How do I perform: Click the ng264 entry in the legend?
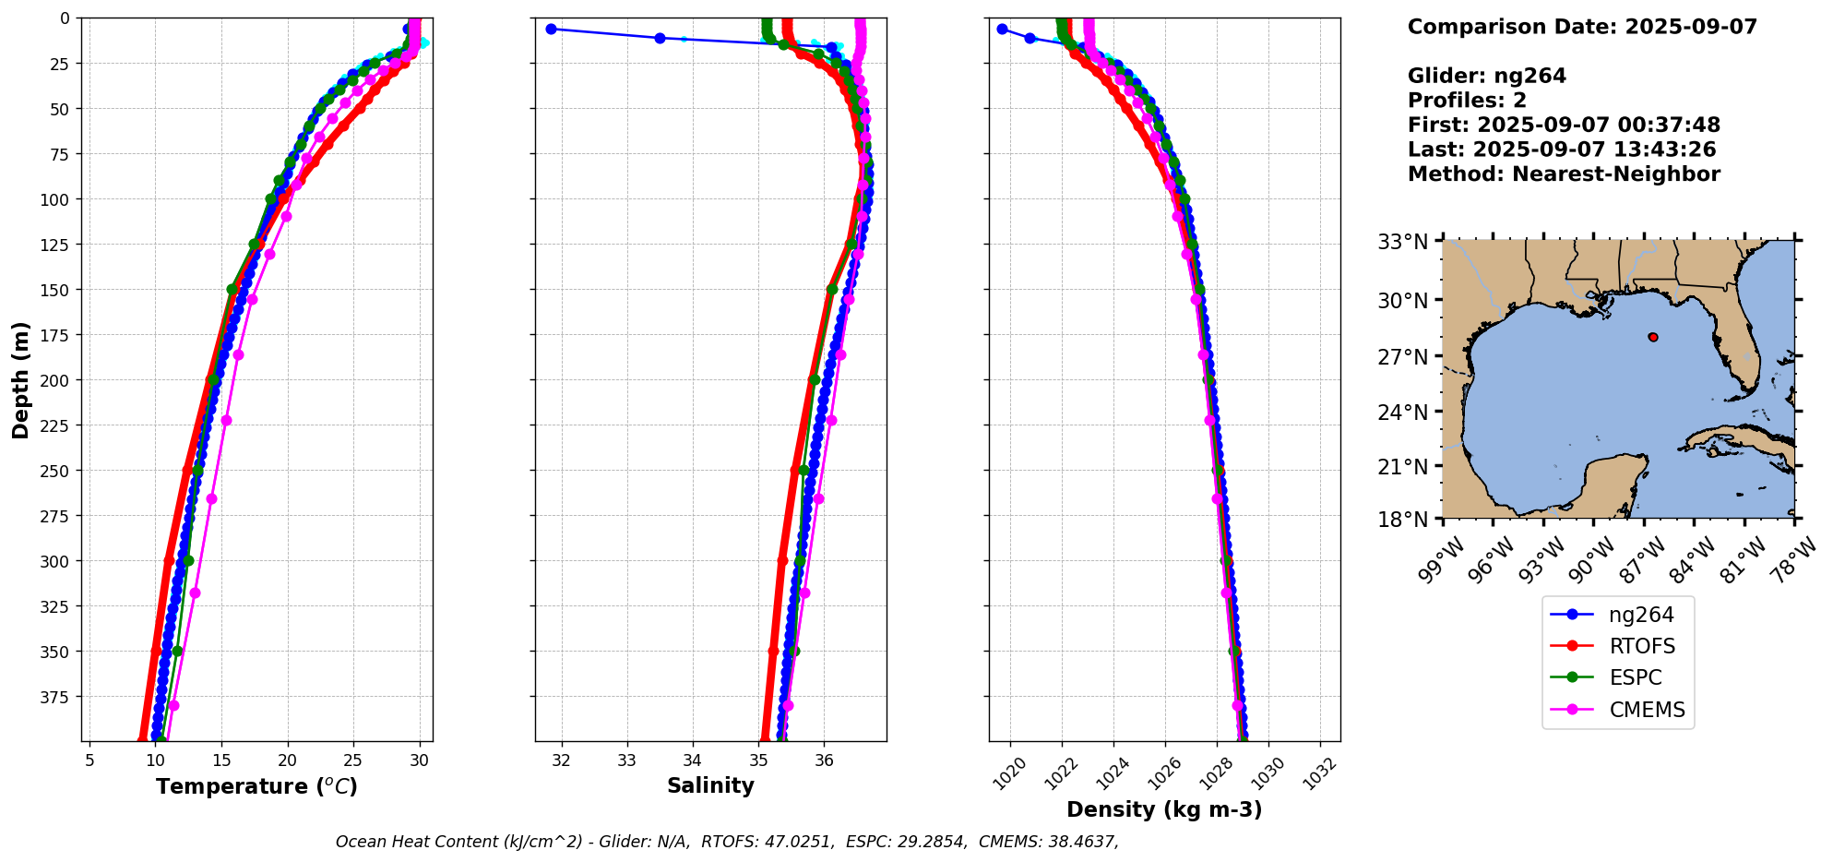pos(1640,615)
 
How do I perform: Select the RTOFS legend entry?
pos(1641,646)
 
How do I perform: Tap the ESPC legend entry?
pos(1635,677)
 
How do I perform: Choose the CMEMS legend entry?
pos(1647,710)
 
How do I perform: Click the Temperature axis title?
pos(256,786)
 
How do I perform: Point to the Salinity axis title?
pos(710,785)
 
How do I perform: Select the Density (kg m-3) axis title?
pos(1164,809)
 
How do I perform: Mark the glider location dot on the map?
pos(1653,337)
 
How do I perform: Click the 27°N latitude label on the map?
pos(1403,356)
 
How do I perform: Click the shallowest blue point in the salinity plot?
pos(551,29)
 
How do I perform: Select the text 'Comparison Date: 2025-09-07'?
pos(1582,27)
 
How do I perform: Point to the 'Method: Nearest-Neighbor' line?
pos(1564,174)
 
